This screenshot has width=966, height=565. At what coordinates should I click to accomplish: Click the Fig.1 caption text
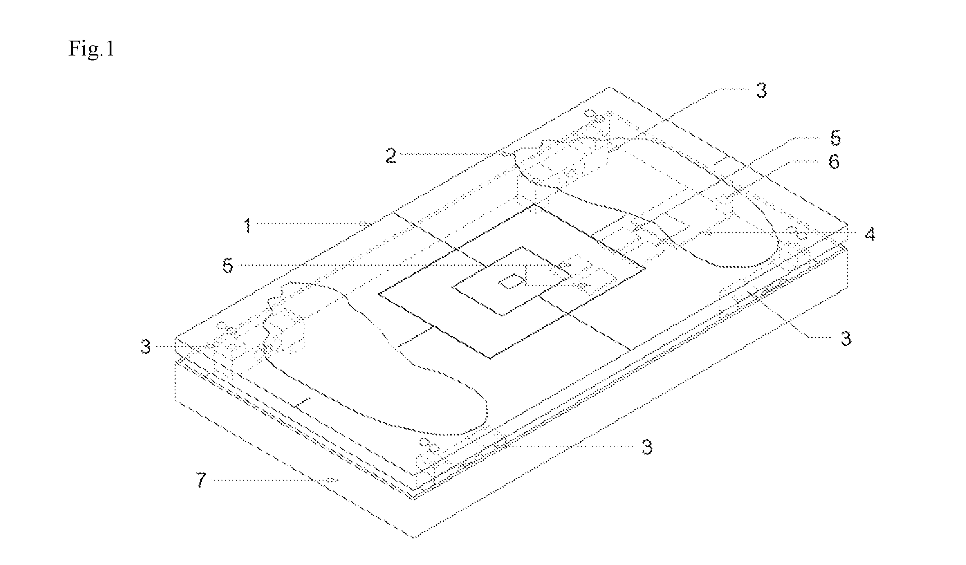tap(91, 48)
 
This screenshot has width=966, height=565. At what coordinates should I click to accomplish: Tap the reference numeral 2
tap(391, 156)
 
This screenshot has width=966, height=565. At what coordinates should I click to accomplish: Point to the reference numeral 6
tap(834, 162)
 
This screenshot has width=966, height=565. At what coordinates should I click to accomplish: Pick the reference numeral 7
tap(201, 480)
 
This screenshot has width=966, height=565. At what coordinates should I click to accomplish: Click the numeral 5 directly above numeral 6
tap(836, 138)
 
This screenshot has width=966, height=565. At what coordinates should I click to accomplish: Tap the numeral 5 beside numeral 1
tap(228, 266)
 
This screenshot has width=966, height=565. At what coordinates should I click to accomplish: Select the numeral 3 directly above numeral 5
tap(761, 91)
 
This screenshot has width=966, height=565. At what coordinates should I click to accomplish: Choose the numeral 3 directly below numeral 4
tap(846, 338)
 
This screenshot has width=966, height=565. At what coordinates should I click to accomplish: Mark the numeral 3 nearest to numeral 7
tap(647, 447)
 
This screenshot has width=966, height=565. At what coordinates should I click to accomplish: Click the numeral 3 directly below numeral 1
tap(145, 347)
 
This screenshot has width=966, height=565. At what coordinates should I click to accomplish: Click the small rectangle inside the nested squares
tap(511, 282)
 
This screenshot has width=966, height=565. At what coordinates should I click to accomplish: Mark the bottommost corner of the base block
tap(414, 537)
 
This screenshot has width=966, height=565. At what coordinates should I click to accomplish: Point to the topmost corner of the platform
tap(610, 87)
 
